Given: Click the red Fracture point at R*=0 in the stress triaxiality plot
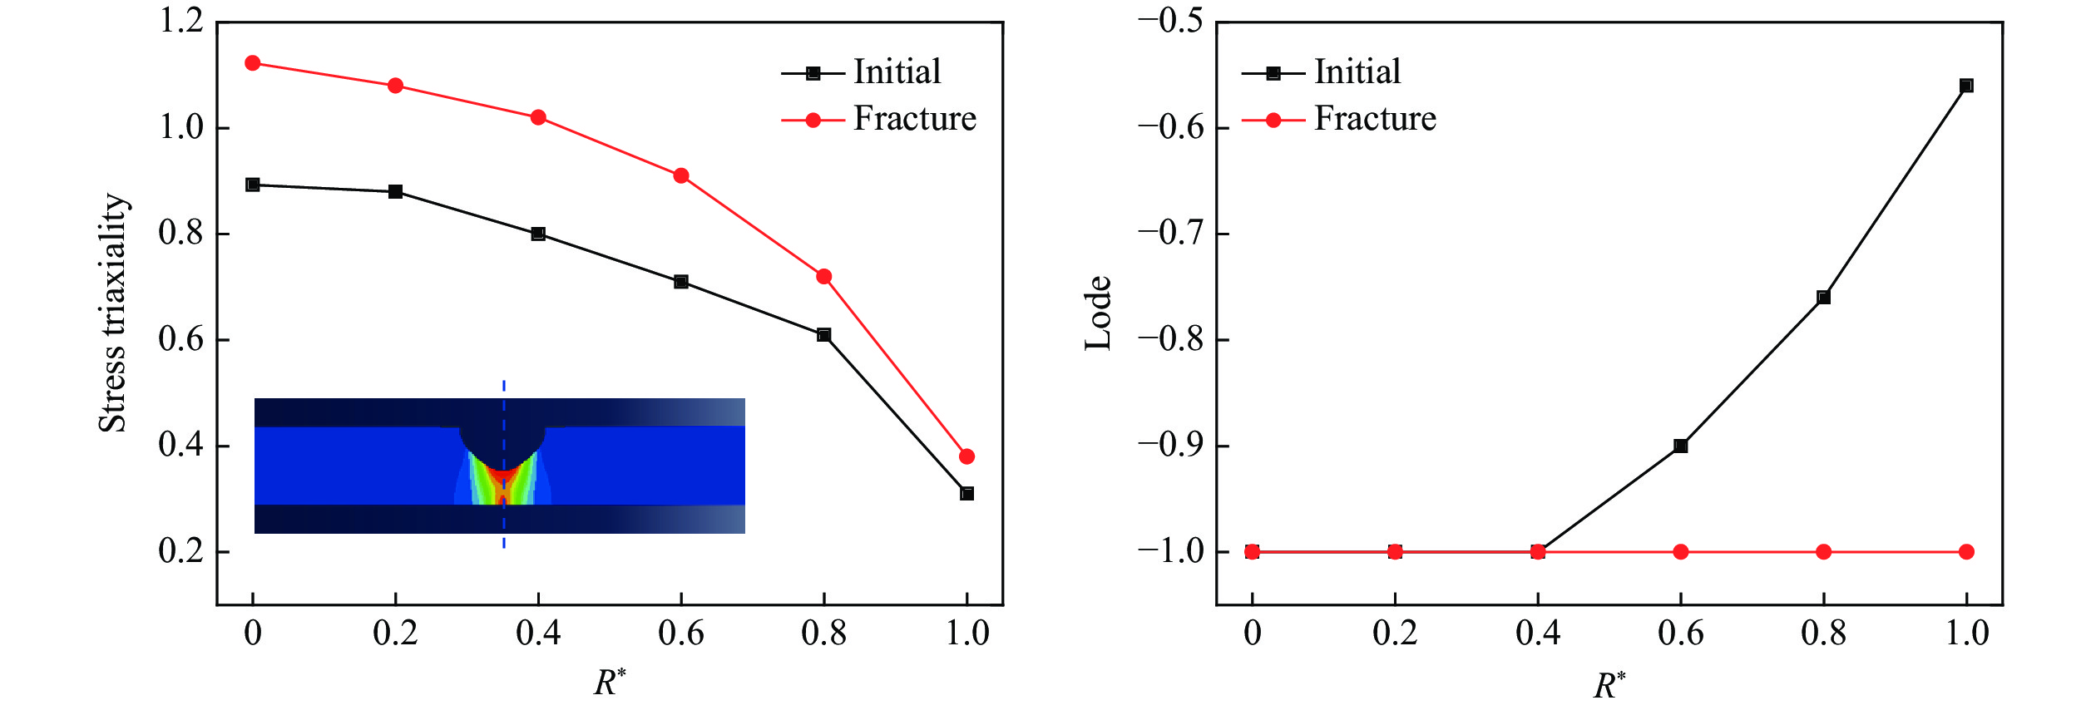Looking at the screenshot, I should (253, 63).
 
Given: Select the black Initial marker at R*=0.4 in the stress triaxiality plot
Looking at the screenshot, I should (538, 234).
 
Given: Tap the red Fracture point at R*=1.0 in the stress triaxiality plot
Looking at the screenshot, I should (966, 456).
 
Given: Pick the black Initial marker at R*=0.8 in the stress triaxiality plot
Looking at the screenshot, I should (823, 335).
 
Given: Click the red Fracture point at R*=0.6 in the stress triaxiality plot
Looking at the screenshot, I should (681, 175).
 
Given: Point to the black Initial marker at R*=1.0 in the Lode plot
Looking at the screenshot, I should (1966, 86).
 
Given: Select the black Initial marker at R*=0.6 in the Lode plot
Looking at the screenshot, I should (1680, 446).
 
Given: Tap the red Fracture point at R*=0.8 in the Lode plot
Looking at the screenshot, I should (1823, 552).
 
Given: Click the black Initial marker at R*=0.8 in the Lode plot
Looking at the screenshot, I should (1823, 297).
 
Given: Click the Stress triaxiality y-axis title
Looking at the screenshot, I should (113, 313).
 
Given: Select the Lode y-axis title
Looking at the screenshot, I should (1099, 313).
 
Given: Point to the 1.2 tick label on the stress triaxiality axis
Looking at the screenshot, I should (181, 22).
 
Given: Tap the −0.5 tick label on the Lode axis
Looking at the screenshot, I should (1170, 22).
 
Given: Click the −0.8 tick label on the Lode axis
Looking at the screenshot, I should (1170, 339).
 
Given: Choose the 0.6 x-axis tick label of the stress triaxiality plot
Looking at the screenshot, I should (681, 634).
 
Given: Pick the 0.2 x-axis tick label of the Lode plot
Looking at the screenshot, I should (1395, 634).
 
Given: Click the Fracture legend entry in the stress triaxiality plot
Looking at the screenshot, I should (914, 119).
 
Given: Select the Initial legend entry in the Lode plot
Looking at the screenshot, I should (1357, 72).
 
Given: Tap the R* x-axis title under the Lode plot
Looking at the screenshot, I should (1609, 685).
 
